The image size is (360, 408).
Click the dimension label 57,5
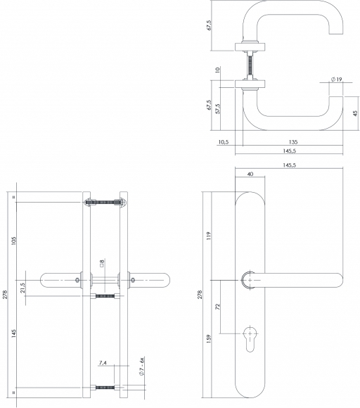click(218, 109)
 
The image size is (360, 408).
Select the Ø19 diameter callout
click(337, 79)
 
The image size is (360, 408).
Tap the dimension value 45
click(355, 113)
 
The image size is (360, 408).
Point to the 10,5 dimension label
click(224, 142)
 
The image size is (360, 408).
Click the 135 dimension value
click(293, 142)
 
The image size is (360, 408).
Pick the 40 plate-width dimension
click(250, 174)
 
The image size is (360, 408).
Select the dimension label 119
click(209, 236)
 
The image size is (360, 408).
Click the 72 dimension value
click(218, 307)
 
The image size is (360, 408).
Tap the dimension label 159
click(209, 339)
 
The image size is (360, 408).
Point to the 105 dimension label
click(13, 241)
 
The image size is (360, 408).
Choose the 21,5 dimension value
click(22, 288)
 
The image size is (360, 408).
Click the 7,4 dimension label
click(103, 362)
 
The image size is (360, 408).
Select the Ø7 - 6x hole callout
click(142, 366)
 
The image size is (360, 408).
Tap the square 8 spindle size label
click(102, 263)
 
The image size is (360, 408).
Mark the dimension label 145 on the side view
click(13, 334)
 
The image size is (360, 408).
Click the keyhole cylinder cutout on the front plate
click(250, 338)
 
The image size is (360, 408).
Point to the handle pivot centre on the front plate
click(250, 280)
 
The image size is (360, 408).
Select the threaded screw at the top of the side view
click(105, 202)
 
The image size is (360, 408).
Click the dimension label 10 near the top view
click(218, 70)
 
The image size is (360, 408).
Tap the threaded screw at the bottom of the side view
click(105, 388)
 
